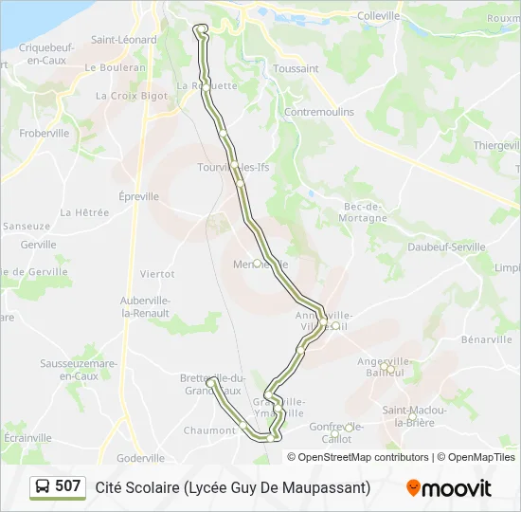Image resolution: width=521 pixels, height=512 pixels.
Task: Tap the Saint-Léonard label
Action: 124,40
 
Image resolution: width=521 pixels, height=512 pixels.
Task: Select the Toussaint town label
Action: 296,69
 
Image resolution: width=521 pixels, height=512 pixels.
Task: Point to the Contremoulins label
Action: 319,112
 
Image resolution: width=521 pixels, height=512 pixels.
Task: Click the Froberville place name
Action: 45,134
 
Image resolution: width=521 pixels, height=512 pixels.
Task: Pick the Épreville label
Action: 139,197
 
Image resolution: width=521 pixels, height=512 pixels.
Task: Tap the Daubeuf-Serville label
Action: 445,247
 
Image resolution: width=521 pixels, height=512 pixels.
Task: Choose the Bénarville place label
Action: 486,339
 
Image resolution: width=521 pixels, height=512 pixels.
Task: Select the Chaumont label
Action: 209,430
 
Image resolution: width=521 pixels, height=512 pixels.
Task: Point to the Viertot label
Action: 157,274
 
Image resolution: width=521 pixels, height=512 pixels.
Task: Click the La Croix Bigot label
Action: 131,96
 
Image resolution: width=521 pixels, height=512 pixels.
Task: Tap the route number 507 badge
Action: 67,486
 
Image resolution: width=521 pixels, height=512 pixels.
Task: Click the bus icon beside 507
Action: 43,487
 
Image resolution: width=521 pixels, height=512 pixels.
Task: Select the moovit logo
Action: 449,488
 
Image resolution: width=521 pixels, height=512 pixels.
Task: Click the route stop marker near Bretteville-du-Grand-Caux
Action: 211,383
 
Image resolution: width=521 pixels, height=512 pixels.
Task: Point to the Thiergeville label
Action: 496,145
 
